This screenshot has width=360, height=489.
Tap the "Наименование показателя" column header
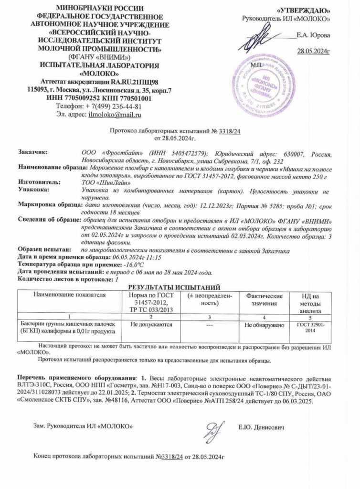[69, 295]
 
